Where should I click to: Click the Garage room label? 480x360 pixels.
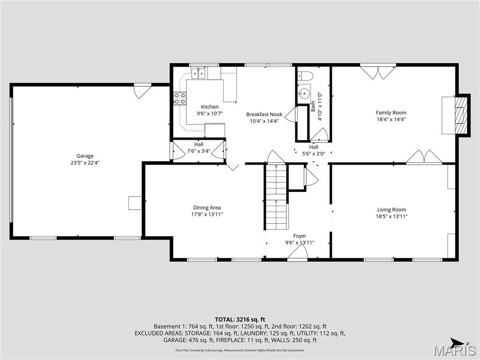click(x=85, y=156)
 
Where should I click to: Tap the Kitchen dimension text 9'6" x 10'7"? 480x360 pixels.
click(x=210, y=113)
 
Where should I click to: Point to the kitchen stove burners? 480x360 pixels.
click(x=180, y=98)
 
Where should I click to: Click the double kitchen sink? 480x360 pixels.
click(x=199, y=74)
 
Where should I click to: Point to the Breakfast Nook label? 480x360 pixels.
click(x=264, y=114)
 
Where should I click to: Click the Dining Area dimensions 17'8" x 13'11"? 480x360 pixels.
click(x=207, y=214)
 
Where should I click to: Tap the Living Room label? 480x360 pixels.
click(x=392, y=210)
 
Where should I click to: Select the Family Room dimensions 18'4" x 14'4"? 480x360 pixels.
click(x=391, y=119)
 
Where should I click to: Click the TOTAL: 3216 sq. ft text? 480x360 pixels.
click(x=240, y=319)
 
